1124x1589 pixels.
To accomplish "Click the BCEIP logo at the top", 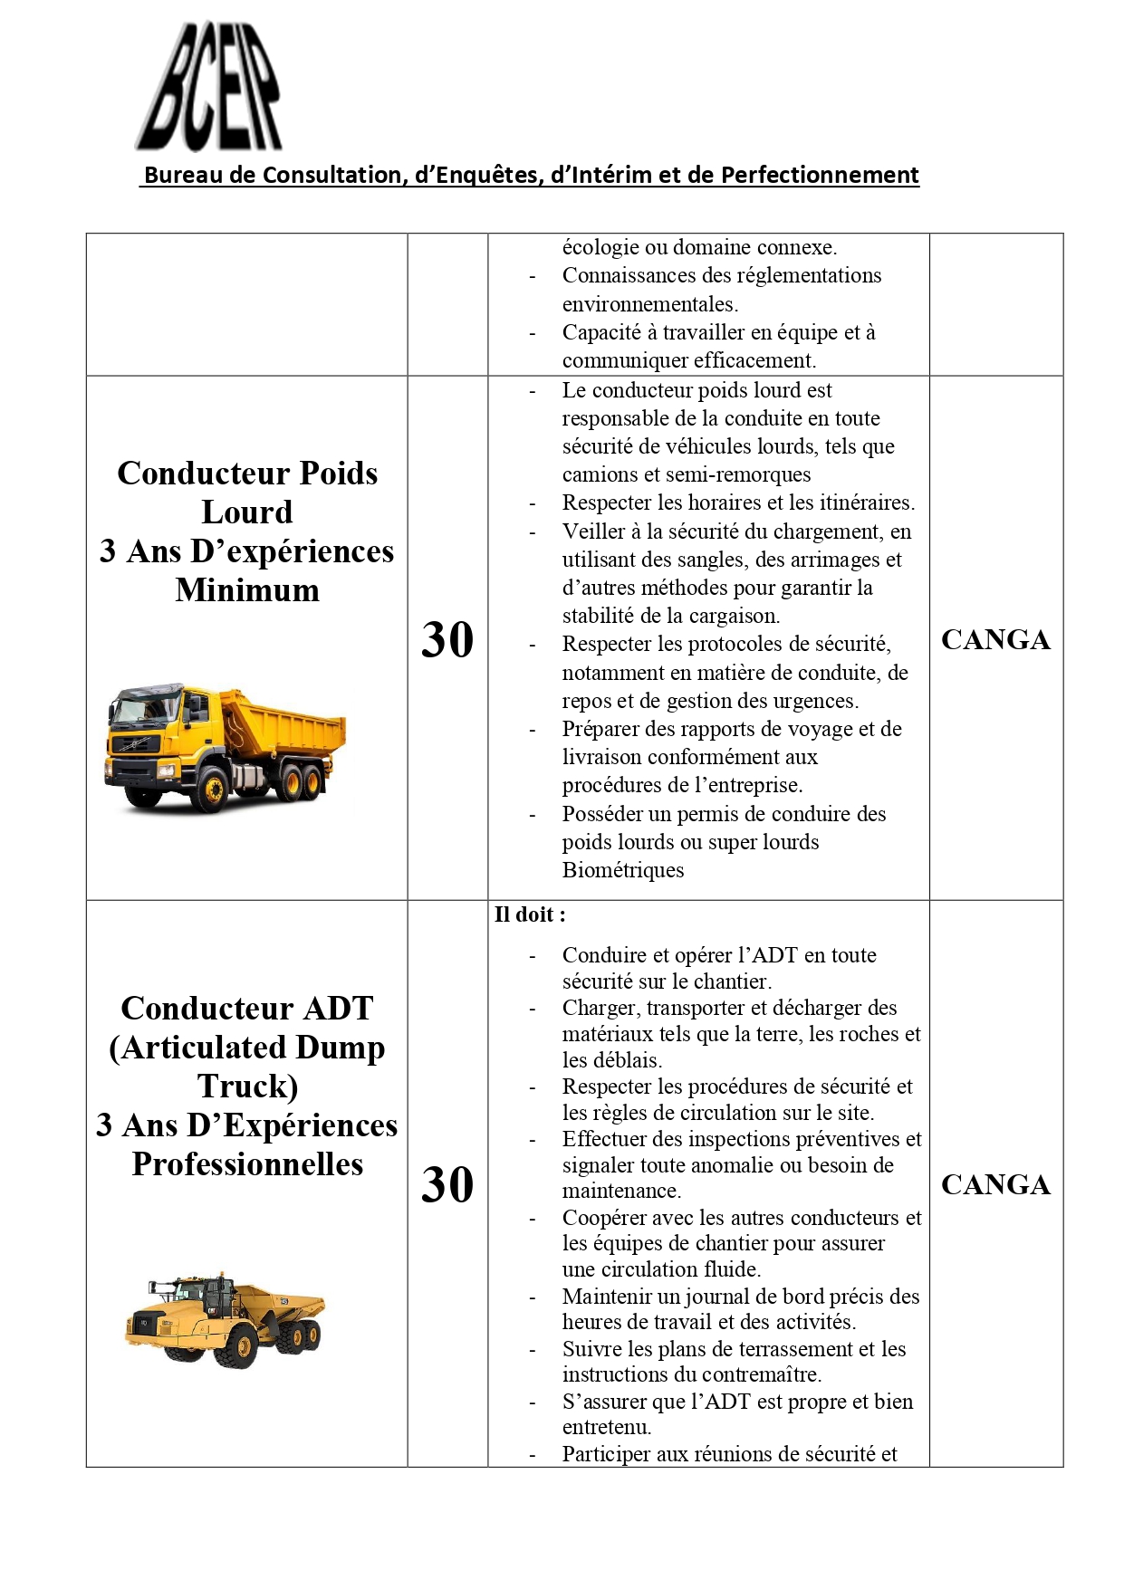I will pyautogui.click(x=209, y=88).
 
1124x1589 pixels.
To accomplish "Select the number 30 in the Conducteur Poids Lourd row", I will pyautogui.click(x=447, y=640).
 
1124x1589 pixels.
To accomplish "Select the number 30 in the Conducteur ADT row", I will pyautogui.click(x=447, y=1185).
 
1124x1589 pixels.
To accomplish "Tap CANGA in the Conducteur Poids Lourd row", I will pyautogui.click(x=995, y=640).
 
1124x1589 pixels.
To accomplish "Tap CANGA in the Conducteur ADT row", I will pyautogui.click(x=995, y=1185).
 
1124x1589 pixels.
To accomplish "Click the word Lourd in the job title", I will pyautogui.click(x=247, y=512).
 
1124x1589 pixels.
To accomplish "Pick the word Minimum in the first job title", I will pyautogui.click(x=247, y=590).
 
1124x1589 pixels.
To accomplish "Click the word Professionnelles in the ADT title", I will pyautogui.click(x=247, y=1164).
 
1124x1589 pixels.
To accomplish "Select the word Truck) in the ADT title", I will pyautogui.click(x=247, y=1086).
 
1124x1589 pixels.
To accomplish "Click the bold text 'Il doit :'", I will pyautogui.click(x=530, y=914).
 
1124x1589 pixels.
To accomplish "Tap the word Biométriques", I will pyautogui.click(x=623, y=870).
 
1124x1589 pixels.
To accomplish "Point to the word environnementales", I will pyautogui.click(x=648, y=304).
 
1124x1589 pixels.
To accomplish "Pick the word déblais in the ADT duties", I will pyautogui.click(x=626, y=1060).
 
